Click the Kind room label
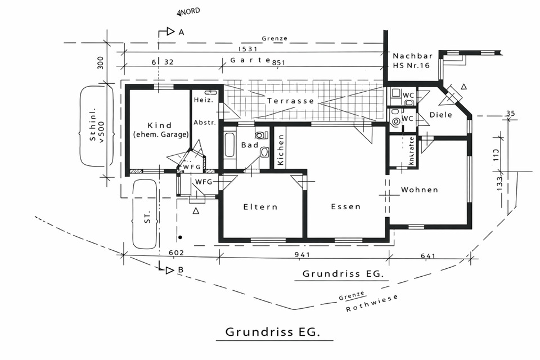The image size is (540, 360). coord(159,125)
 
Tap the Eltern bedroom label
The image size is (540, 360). coord(260,207)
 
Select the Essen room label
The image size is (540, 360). coord(345,207)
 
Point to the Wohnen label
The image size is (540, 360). coord(419,190)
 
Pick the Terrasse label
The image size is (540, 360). coord(290,101)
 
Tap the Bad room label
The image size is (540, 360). coord(249,145)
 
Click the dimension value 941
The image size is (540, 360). coord(302,255)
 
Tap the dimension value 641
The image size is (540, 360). coord(427,256)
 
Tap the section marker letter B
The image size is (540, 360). coord(181,270)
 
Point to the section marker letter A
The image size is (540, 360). coord(181,33)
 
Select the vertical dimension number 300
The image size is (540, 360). coord(101,62)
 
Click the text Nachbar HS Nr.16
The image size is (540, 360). coord(411,61)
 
